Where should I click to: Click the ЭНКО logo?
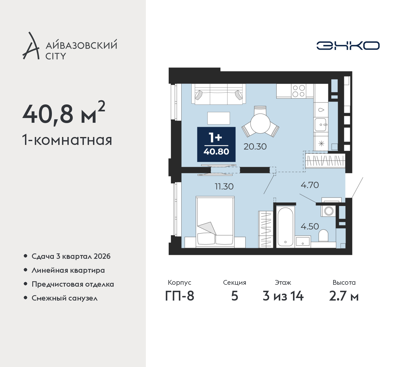[348, 46]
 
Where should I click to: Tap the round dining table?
[260, 123]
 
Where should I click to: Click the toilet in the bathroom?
[323, 236]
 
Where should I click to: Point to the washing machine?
[329, 211]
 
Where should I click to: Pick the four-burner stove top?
[299, 91]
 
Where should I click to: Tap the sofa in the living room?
[219, 94]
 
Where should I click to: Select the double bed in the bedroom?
[215, 222]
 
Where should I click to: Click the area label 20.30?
[255, 146]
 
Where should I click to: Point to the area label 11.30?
[224, 187]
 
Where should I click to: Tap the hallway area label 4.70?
[310, 185]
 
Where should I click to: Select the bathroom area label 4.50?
[310, 226]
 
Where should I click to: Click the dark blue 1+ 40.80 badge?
[216, 144]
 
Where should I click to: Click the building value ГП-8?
[179, 296]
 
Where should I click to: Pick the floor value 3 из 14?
[283, 296]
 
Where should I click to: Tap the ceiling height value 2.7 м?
[344, 296]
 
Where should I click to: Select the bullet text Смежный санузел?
[65, 298]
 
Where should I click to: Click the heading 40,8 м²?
[64, 114]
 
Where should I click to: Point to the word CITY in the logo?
[56, 56]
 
